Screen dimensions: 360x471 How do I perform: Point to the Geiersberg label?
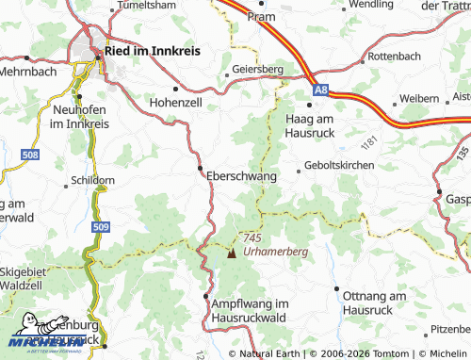[x=256, y=69]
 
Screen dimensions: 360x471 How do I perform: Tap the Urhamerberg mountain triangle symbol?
[x=233, y=253]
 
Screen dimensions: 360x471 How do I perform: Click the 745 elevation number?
[x=252, y=238]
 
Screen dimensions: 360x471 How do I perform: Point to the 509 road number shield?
[x=101, y=226]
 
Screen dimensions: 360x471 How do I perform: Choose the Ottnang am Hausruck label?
[x=372, y=303]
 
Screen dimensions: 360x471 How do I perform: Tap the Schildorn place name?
[x=92, y=179]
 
